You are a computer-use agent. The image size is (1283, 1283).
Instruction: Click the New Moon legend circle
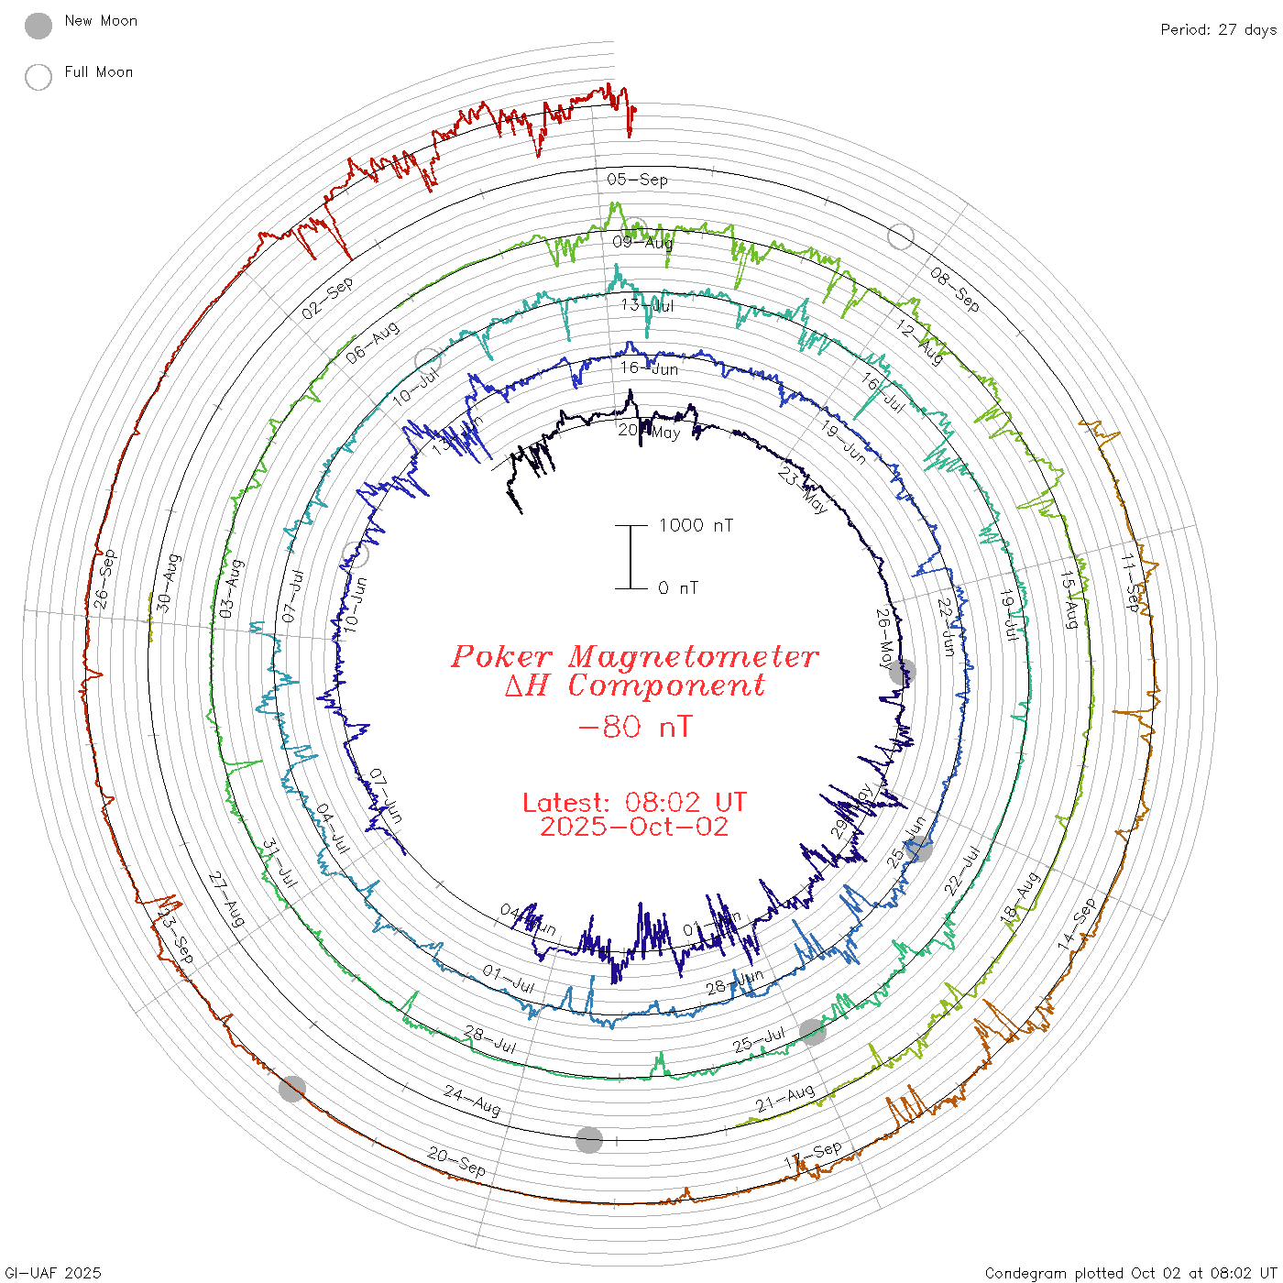pyautogui.click(x=38, y=26)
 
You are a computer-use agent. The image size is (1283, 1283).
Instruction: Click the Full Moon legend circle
pyautogui.click(x=38, y=77)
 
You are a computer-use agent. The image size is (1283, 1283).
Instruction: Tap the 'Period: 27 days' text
pyautogui.click(x=1218, y=30)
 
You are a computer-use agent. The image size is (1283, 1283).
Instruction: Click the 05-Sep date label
pyautogui.click(x=638, y=180)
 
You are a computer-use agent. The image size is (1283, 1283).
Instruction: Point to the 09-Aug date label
pyautogui.click(x=642, y=242)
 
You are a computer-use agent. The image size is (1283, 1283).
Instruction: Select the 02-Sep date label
pyautogui.click(x=327, y=299)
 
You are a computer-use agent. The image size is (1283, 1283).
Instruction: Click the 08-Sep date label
pyautogui.click(x=955, y=289)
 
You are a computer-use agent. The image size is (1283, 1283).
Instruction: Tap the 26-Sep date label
pyautogui.click(x=105, y=579)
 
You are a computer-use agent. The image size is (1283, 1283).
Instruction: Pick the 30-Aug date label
pyautogui.click(x=169, y=583)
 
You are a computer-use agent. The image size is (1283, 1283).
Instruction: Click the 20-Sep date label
pyautogui.click(x=456, y=1162)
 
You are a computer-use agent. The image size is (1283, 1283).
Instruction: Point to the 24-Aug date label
pyautogui.click(x=472, y=1101)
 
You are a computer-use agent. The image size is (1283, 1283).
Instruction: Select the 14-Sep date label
pyautogui.click(x=1077, y=924)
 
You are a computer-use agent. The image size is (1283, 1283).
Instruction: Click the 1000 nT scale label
pyautogui.click(x=696, y=525)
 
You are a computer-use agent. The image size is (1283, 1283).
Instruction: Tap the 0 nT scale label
pyautogui.click(x=678, y=588)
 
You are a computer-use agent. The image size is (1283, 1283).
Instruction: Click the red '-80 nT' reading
pyautogui.click(x=635, y=728)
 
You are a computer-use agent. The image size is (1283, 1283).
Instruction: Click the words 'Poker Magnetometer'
pyautogui.click(x=634, y=656)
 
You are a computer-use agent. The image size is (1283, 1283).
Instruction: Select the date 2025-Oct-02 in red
pyautogui.click(x=634, y=828)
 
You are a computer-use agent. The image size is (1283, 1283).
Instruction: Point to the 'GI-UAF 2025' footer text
pyautogui.click(x=53, y=1273)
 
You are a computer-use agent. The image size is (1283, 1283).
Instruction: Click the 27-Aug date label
pyautogui.click(x=226, y=899)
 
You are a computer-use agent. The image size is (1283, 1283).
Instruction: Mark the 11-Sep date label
pyautogui.click(x=1131, y=584)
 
